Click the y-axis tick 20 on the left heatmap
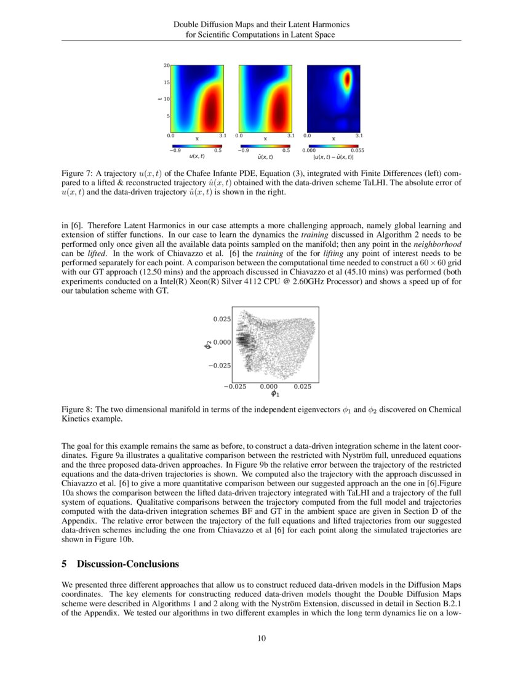tap(166, 65)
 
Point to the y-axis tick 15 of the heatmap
tap(166, 82)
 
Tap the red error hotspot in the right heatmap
tap(347, 79)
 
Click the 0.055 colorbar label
tap(357, 150)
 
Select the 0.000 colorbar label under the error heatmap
tap(308, 150)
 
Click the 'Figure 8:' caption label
tap(78, 409)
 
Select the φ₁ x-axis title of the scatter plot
tap(268, 394)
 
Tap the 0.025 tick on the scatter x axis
tap(302, 387)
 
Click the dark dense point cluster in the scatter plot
tap(242, 341)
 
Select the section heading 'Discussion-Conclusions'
tap(127, 564)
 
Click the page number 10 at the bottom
tap(261, 638)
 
